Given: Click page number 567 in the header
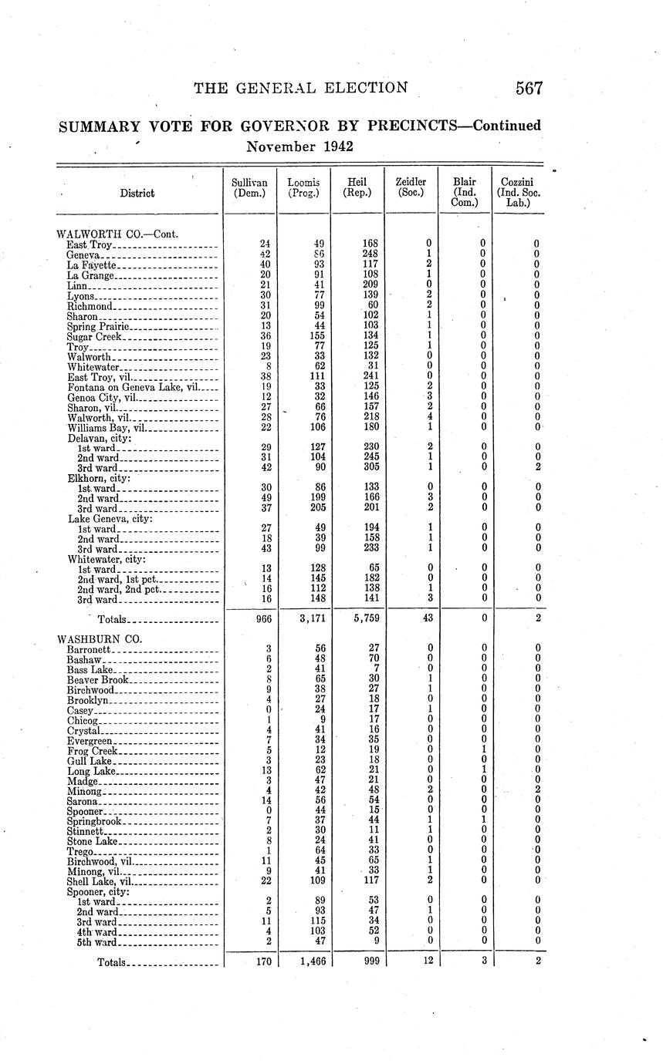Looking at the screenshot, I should [529, 88].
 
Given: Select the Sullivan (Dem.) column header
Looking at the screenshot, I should [249, 187].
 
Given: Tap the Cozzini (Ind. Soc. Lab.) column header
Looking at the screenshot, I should [518, 192].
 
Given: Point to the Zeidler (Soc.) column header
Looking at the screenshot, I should [411, 187].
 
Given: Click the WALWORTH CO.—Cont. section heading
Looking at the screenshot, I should [118, 233].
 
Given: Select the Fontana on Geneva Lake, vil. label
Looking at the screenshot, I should [133, 388].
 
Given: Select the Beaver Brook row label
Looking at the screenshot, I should [97, 680].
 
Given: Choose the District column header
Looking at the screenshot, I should [137, 194].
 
